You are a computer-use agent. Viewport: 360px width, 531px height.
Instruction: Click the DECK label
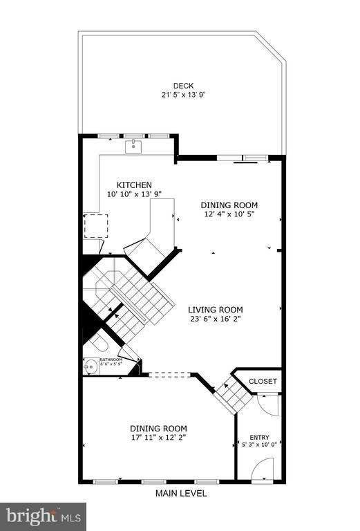(183, 86)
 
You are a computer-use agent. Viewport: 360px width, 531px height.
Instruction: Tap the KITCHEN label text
(134, 185)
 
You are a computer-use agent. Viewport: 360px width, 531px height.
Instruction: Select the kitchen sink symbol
(133, 147)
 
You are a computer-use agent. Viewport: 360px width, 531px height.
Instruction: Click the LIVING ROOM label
(216, 310)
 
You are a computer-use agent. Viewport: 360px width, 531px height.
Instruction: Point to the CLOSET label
(263, 382)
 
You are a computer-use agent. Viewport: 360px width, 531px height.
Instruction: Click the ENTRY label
(260, 438)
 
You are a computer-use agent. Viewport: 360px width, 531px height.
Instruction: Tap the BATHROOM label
(111, 360)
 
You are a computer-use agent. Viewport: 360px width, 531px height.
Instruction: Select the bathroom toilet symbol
(98, 343)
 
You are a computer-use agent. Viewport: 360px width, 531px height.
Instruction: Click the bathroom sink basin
(91, 366)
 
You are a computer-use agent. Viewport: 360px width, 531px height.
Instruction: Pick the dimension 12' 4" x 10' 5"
(229, 214)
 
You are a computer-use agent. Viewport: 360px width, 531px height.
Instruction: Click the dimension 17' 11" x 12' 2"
(159, 437)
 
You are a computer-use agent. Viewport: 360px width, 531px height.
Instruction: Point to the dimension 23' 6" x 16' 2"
(216, 319)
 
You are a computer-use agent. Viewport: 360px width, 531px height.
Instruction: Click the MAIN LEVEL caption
(181, 494)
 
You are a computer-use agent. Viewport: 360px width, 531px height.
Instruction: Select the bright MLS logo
(44, 516)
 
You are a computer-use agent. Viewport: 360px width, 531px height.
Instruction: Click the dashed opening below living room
(170, 375)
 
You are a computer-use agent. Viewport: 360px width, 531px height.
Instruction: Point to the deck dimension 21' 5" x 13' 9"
(183, 95)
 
